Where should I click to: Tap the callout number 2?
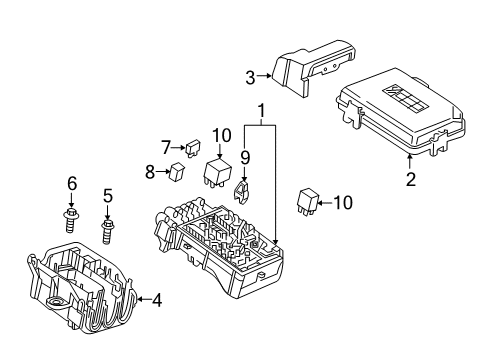click(x=409, y=180)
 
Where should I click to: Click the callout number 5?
click(x=108, y=196)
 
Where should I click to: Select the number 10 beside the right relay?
click(x=342, y=203)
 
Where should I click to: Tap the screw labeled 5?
click(x=108, y=231)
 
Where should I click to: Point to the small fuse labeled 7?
click(x=191, y=149)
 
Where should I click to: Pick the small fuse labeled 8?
click(x=177, y=171)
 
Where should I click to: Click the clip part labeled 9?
click(x=243, y=188)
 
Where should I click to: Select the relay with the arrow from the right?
click(x=308, y=200)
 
